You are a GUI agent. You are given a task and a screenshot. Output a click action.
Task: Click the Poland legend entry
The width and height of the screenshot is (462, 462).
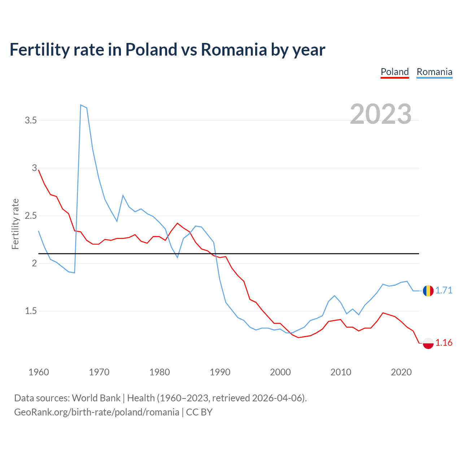click(395, 72)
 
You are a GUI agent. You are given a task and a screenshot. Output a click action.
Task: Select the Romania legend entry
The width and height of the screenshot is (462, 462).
click(434, 72)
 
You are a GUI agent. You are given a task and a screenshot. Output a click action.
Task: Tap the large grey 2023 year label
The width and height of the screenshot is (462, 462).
click(381, 114)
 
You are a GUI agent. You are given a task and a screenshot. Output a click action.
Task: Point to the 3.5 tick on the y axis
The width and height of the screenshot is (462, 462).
click(31, 120)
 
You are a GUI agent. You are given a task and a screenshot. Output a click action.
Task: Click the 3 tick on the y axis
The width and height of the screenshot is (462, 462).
click(35, 168)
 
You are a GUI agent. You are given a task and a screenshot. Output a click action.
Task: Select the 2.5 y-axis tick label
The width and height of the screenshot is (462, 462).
click(31, 216)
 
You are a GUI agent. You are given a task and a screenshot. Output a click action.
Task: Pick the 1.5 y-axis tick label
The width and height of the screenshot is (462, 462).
click(31, 311)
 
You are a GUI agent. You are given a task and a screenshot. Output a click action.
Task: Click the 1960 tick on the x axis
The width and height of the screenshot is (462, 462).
click(39, 372)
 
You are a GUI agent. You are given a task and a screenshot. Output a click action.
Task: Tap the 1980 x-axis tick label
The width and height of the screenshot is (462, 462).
click(160, 372)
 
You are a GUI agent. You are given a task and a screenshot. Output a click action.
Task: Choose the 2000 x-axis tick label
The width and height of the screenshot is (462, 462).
click(280, 372)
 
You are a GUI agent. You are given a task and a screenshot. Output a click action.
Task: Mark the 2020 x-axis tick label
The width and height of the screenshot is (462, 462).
click(401, 372)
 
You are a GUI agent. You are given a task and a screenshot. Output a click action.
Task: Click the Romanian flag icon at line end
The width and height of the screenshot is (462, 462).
click(428, 291)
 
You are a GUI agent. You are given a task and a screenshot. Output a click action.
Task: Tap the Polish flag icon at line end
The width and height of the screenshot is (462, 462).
click(428, 343)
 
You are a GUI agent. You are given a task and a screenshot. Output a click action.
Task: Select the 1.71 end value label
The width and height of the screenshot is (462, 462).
click(444, 291)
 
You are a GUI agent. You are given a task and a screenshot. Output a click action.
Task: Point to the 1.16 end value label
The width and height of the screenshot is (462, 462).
click(444, 343)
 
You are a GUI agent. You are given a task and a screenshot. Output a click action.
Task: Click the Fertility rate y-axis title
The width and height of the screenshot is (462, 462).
click(15, 224)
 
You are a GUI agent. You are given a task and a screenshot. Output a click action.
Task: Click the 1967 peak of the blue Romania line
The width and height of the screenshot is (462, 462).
click(81, 105)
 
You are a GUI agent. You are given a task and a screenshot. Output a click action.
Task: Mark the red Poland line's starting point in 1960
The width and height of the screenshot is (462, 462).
click(39, 170)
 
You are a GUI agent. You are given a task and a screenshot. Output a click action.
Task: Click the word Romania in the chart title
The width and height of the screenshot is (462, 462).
click(234, 49)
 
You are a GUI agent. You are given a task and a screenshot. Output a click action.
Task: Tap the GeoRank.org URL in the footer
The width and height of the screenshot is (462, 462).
click(97, 412)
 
